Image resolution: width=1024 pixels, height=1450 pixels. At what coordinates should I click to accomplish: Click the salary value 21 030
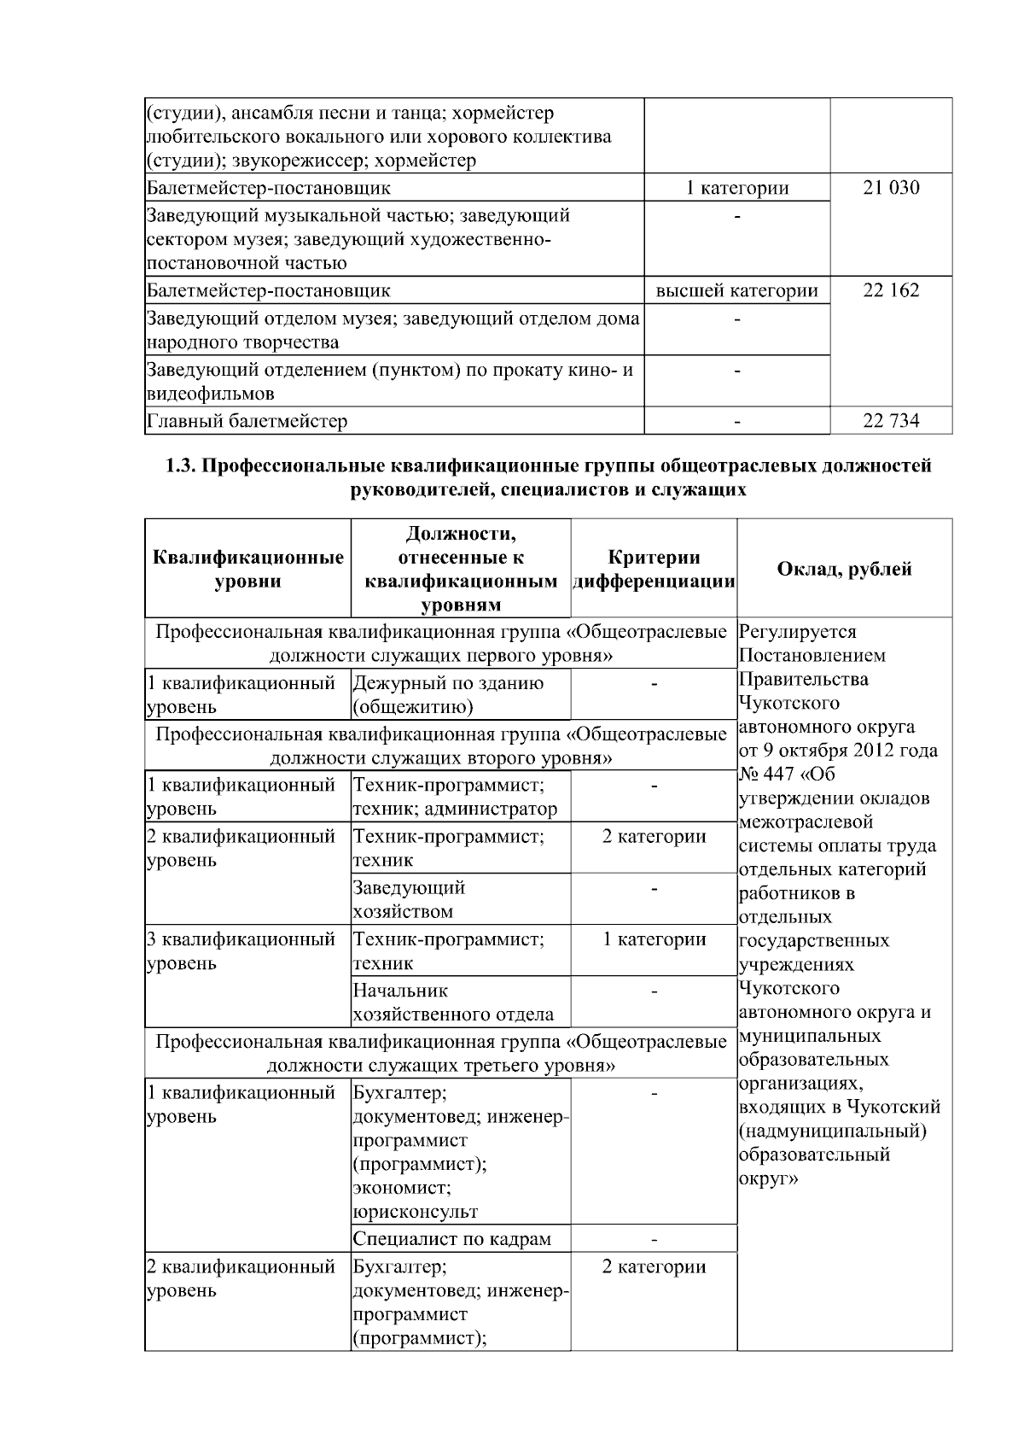coord(891,187)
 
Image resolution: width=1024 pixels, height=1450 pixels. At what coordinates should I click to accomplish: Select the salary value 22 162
coord(891,290)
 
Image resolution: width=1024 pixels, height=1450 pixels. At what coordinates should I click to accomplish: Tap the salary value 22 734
coord(891,420)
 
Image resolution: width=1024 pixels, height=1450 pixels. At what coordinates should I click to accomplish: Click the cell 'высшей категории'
coord(736,290)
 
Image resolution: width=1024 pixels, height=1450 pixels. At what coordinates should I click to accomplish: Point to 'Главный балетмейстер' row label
coord(247,421)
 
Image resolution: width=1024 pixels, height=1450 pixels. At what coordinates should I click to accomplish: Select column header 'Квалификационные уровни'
coord(247,569)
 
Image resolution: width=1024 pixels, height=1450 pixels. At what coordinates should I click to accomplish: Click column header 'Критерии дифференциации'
coord(654,569)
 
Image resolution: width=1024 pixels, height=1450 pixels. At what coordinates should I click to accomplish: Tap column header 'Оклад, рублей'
coord(844,569)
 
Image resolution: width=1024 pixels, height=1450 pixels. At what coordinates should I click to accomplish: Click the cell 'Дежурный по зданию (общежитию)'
coord(448,694)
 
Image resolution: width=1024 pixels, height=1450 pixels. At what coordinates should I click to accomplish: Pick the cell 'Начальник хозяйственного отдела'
coord(452,1003)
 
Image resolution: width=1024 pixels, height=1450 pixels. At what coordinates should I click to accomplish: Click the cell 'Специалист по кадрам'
coord(451,1238)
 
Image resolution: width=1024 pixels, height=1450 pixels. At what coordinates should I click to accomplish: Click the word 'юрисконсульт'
coord(415,1211)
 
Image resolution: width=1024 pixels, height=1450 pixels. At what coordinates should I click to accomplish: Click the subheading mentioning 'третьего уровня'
coord(441,1054)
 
